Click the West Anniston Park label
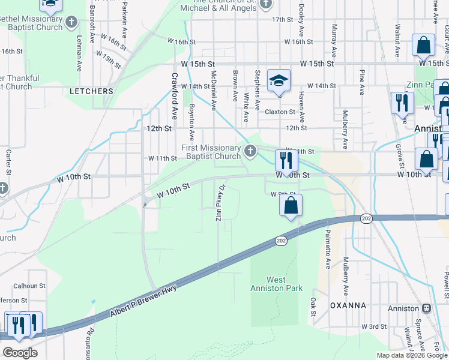point(276,284)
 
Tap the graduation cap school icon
point(279,81)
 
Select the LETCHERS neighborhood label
point(91,91)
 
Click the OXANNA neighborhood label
point(348,305)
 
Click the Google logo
point(20,353)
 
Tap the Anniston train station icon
point(427,308)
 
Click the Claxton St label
point(280,112)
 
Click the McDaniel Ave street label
point(213,90)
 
